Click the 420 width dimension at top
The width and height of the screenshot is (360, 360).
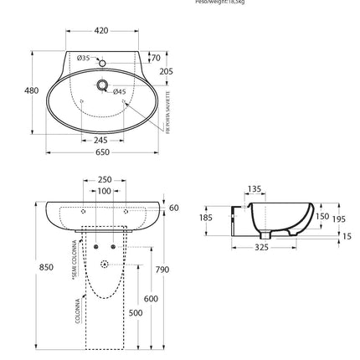click(101, 31)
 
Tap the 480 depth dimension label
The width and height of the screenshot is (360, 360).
click(32, 90)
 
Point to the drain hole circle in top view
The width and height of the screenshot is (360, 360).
click(102, 85)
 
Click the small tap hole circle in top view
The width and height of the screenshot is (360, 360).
click(101, 64)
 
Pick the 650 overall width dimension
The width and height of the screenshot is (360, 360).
click(102, 152)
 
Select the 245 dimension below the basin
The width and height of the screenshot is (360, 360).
click(101, 140)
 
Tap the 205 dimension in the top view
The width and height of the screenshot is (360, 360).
click(166, 72)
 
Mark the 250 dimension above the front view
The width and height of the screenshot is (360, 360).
click(105, 180)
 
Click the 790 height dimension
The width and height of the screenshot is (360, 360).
click(162, 270)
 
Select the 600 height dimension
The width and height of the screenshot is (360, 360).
click(151, 298)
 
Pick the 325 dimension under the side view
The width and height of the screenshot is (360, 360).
click(261, 247)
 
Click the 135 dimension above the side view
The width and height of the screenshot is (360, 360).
click(255, 189)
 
